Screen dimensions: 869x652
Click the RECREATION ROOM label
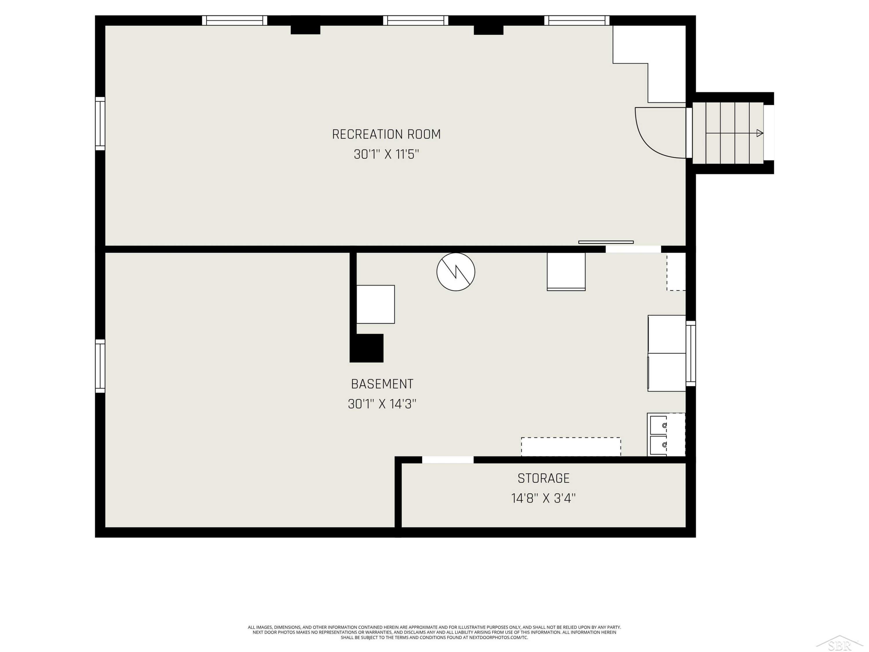tap(386, 134)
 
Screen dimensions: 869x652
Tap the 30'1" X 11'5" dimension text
tap(386, 154)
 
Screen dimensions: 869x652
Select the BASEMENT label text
tap(382, 384)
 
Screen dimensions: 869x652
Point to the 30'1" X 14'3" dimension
tap(382, 404)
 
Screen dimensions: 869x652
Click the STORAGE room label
tap(543, 478)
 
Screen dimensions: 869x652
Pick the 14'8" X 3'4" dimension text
tap(543, 498)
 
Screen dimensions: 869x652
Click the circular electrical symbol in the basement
tap(456, 272)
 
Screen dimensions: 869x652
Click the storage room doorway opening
tap(448, 460)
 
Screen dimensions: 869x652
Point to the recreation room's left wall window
tap(100, 123)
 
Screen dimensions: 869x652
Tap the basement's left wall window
tap(100, 366)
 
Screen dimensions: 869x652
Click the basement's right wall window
tap(691, 353)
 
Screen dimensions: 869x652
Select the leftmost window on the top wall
tap(235, 21)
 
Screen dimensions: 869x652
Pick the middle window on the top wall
tap(416, 21)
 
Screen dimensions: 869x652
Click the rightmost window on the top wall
tap(577, 21)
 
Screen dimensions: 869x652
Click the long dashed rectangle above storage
tap(571, 447)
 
